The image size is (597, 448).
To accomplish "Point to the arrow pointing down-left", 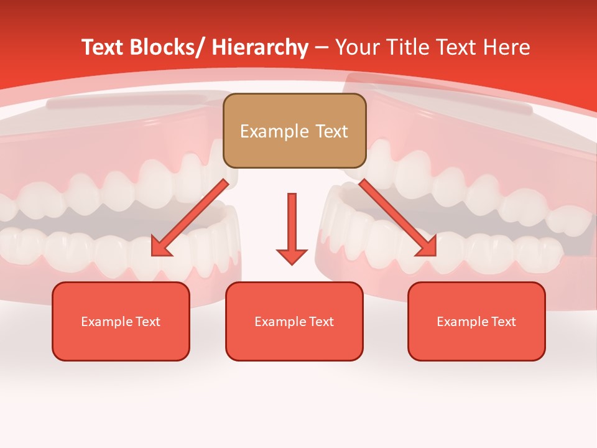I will [x=190, y=218].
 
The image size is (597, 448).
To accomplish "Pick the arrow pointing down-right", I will [x=398, y=218].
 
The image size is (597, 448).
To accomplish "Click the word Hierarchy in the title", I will [x=259, y=47].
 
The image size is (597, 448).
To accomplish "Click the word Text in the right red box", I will [x=503, y=322].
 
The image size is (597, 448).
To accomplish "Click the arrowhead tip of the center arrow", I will [x=292, y=264].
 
